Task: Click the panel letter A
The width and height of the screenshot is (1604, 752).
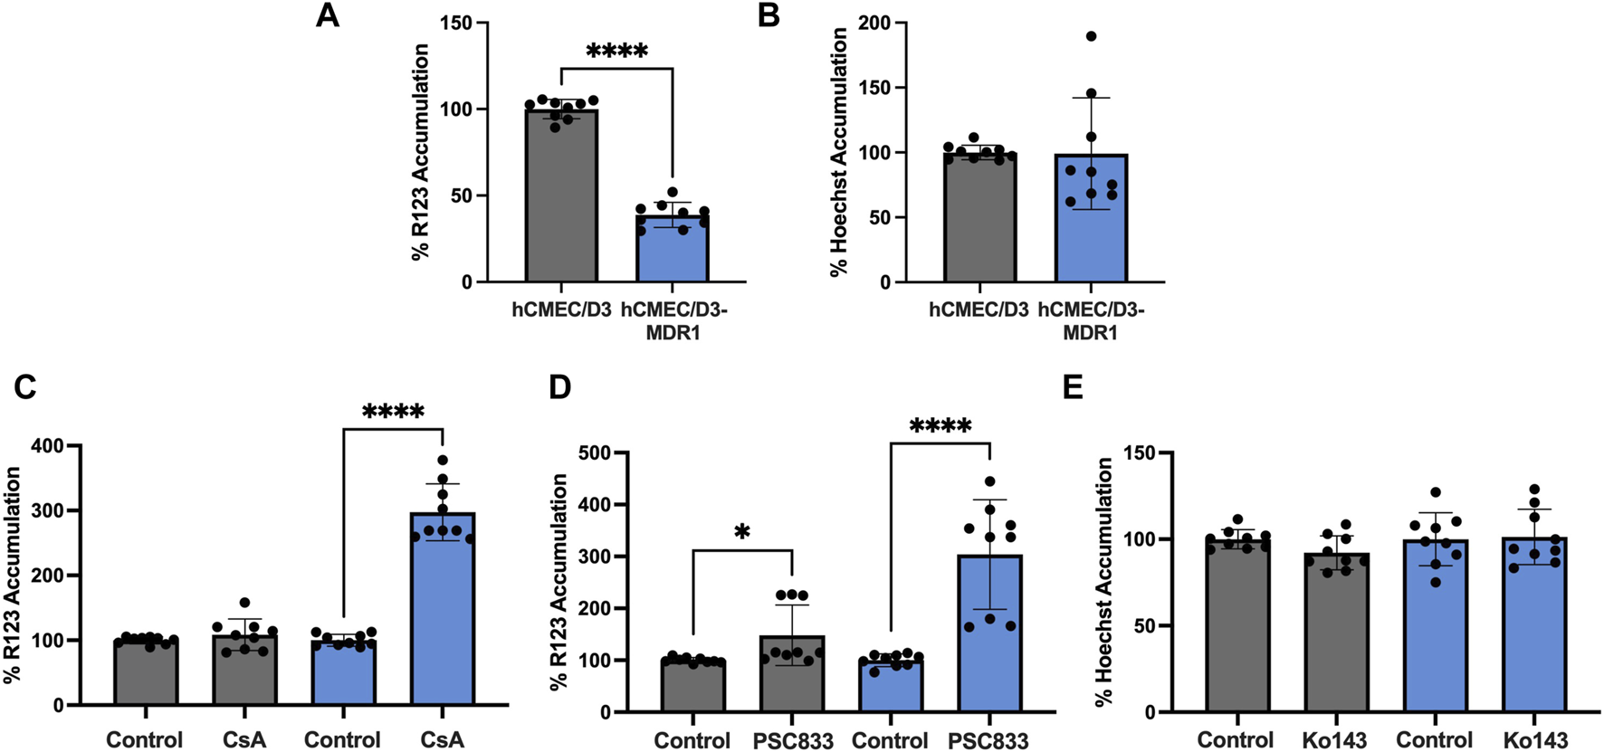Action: tap(327, 16)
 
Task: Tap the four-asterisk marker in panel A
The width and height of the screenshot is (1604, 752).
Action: tap(616, 52)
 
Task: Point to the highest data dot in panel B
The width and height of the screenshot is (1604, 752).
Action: tap(1091, 36)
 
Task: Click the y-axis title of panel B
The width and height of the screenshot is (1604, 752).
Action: tap(839, 151)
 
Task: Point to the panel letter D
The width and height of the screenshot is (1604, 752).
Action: tap(560, 388)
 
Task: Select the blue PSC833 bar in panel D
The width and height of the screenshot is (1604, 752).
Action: tap(989, 633)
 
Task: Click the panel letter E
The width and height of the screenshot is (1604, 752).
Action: tap(1073, 388)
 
